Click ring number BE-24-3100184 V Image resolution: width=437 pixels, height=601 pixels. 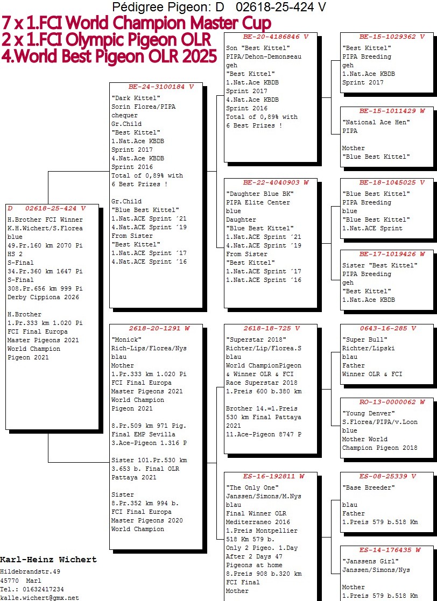(161, 87)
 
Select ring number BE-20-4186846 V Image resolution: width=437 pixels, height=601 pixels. (276, 37)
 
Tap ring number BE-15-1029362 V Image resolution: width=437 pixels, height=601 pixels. (392, 37)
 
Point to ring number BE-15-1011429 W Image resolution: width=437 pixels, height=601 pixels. (392, 111)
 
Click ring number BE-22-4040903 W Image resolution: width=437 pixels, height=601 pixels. (276, 183)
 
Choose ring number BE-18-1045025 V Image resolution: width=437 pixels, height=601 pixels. (392, 183)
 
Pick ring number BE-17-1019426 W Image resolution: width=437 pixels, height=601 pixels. (392, 254)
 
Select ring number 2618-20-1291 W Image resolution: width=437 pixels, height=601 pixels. (159, 329)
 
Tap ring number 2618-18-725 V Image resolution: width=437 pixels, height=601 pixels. (272, 329)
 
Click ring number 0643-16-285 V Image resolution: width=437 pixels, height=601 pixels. (388, 329)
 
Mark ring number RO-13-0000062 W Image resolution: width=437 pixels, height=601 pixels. (392, 402)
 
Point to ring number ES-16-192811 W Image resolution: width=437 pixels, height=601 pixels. (274, 476)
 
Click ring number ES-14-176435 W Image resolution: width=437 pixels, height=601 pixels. (390, 550)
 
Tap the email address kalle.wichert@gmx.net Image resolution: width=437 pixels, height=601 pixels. (39, 598)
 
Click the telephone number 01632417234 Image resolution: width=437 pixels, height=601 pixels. (43, 589)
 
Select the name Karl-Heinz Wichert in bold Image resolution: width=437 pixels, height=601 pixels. (48, 560)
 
